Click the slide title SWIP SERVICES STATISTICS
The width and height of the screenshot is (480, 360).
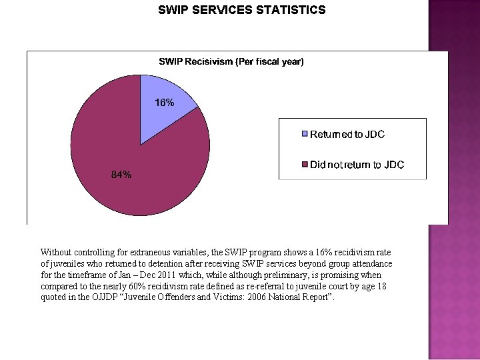(241, 10)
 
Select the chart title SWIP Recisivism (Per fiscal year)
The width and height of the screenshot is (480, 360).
(231, 62)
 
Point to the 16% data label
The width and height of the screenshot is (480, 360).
(165, 103)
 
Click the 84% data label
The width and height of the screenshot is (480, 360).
(121, 175)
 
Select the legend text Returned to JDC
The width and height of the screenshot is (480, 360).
(347, 134)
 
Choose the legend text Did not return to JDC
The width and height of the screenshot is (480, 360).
(357, 165)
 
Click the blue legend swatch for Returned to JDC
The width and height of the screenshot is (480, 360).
(305, 134)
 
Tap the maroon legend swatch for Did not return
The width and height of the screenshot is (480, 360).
(305, 165)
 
